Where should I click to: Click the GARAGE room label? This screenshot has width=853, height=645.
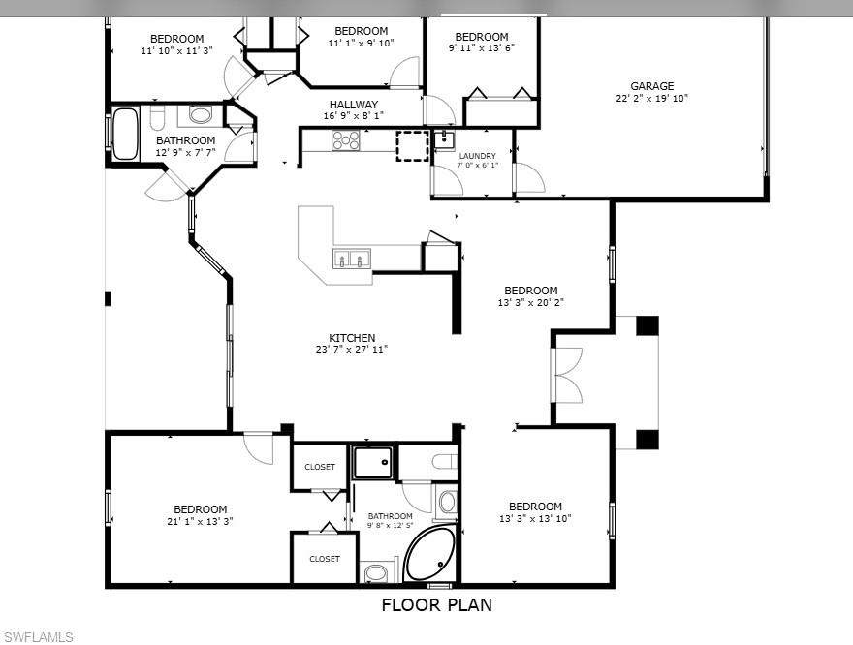click(x=651, y=86)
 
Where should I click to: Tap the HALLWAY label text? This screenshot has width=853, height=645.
click(x=353, y=105)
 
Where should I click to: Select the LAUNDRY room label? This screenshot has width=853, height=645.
click(x=477, y=156)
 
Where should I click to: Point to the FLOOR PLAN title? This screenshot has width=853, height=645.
click(x=436, y=605)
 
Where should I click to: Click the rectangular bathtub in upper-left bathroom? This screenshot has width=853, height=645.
click(x=125, y=134)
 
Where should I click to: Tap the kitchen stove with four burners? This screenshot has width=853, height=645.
click(x=346, y=140)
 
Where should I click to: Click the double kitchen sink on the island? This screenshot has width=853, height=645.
click(x=352, y=259)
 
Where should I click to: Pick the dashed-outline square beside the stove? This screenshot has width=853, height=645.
click(x=411, y=144)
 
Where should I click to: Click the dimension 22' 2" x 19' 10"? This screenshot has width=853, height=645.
click(x=651, y=99)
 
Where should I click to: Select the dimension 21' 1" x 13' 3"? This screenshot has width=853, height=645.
click(x=200, y=522)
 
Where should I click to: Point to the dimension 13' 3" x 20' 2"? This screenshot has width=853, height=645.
click(x=530, y=303)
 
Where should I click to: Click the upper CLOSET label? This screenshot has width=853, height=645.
click(x=320, y=467)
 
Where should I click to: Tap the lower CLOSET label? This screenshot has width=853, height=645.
click(x=325, y=559)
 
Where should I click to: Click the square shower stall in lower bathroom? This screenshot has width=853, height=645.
click(x=374, y=463)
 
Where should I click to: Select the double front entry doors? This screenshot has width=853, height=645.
click(x=567, y=375)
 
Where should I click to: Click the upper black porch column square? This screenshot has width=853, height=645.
click(x=647, y=325)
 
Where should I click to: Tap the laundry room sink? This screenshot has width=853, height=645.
click(x=442, y=138)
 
